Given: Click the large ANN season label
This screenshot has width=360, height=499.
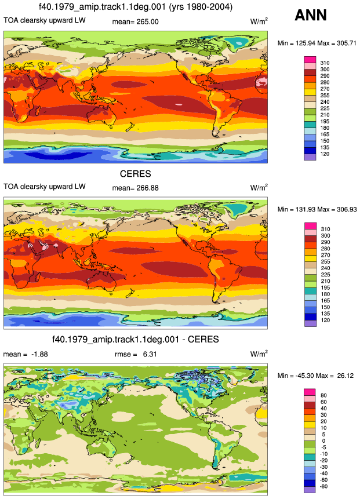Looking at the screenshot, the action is (311, 15).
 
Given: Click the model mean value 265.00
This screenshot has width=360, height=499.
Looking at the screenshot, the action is (147, 21).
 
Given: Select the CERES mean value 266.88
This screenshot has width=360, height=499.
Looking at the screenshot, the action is (147, 188).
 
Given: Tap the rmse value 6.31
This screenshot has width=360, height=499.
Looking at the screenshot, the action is (150, 354).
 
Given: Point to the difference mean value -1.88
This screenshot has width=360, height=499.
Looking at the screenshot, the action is (39, 354).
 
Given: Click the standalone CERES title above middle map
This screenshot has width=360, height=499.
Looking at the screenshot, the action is (135, 174).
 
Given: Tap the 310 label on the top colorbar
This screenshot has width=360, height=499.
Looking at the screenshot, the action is (325, 63).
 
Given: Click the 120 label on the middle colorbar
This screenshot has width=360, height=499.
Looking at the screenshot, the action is (325, 320).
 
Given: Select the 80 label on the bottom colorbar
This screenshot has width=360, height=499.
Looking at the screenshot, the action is (323, 396).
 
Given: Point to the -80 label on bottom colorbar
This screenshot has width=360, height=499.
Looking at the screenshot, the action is (323, 487).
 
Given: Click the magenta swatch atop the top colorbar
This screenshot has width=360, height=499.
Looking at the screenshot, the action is (310, 60).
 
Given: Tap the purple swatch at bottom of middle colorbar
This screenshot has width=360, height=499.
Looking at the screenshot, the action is (310, 323).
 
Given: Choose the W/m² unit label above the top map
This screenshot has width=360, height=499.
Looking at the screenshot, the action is (259, 21).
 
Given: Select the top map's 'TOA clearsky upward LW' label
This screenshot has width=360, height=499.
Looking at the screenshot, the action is (45, 20).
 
